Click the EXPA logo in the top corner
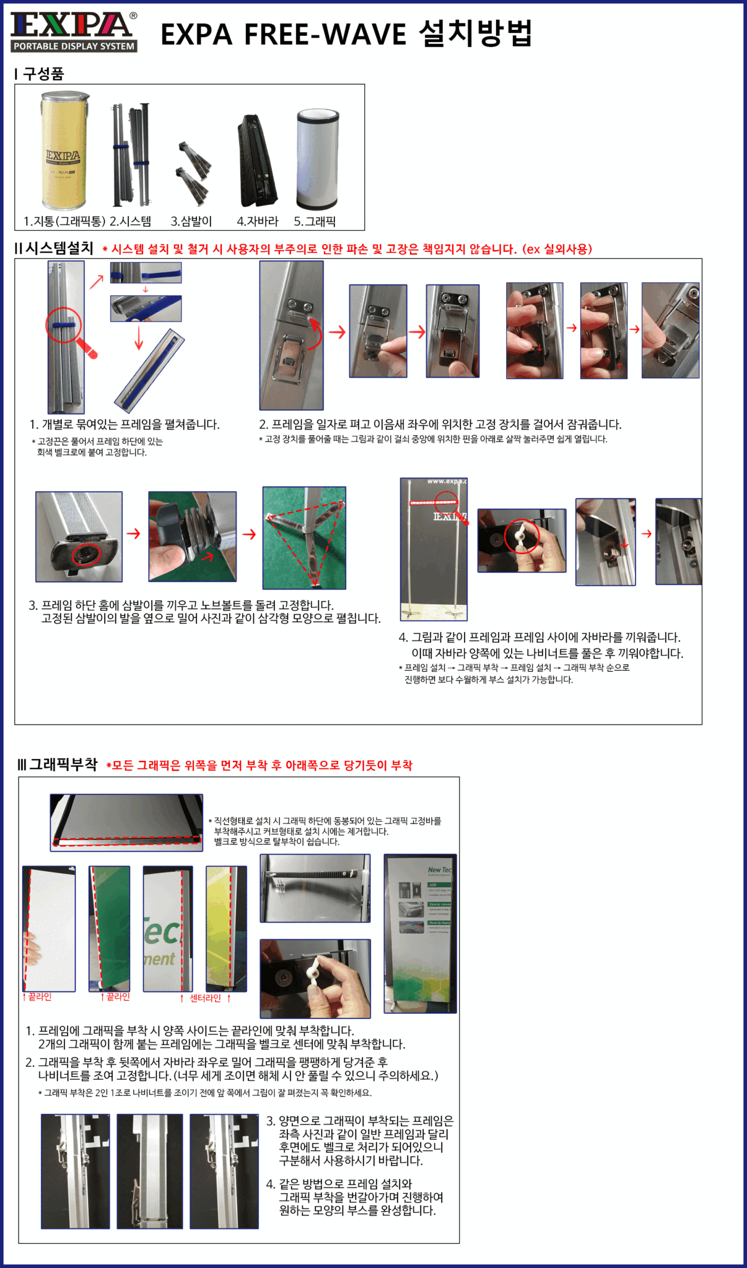click(x=74, y=31)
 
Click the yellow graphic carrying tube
click(x=64, y=150)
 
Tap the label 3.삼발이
click(x=191, y=221)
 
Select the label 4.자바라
click(x=258, y=221)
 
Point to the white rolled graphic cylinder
click(x=318, y=160)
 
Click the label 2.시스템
click(x=130, y=221)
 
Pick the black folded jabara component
click(x=257, y=161)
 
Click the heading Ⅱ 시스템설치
click(x=54, y=248)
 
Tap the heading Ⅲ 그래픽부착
click(x=58, y=764)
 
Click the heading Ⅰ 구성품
click(x=40, y=74)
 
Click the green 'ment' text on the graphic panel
click(x=159, y=959)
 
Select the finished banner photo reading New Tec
click(x=420, y=934)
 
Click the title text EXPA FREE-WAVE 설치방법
click(x=346, y=33)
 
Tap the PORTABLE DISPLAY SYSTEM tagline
click(x=74, y=46)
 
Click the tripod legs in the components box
click(x=194, y=173)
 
